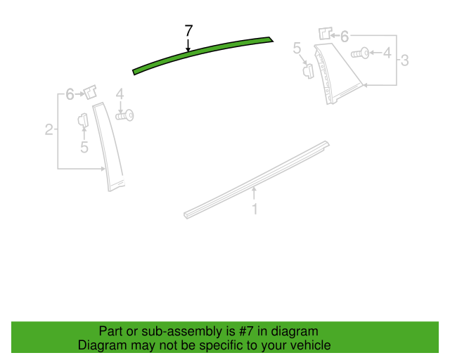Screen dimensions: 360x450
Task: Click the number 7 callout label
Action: [188, 30]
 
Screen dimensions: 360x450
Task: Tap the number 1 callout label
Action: [255, 209]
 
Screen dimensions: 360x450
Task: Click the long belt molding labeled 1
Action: [257, 179]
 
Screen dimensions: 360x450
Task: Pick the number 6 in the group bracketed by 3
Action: [345, 35]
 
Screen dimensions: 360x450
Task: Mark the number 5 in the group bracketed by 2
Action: [84, 147]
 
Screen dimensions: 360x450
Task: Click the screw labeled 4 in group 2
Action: [125, 115]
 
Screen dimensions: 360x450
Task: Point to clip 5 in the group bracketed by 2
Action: [82, 120]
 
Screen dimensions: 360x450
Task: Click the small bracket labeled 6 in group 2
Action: [90, 92]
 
